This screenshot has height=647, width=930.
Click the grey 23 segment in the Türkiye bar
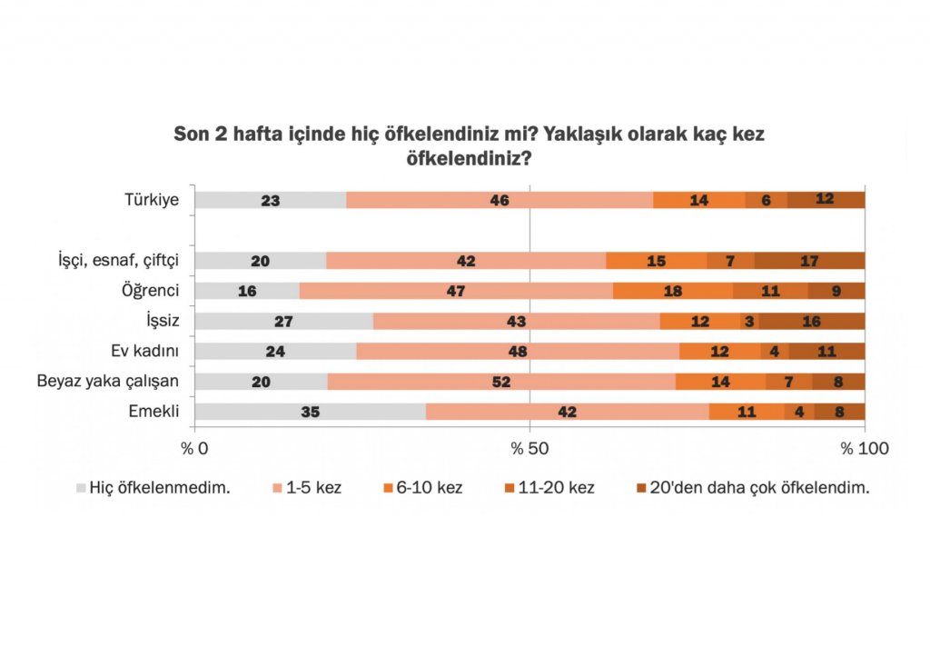[271, 200]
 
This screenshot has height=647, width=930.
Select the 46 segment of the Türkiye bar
[500, 200]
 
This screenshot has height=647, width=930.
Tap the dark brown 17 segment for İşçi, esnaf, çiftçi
[809, 261]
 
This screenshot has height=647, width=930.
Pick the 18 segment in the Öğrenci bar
[673, 291]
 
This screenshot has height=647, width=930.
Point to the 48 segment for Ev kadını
[518, 351]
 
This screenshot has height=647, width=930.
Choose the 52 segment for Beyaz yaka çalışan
[501, 382]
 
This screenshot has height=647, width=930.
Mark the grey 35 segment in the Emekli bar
[311, 412]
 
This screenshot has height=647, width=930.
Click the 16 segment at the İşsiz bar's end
[812, 321]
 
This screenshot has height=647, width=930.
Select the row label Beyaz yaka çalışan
[107, 382]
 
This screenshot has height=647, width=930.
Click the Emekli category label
[153, 412]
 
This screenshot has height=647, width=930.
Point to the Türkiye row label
[152, 200]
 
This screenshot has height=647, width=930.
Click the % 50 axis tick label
[529, 447]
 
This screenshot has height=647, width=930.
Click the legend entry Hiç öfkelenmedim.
[160, 487]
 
